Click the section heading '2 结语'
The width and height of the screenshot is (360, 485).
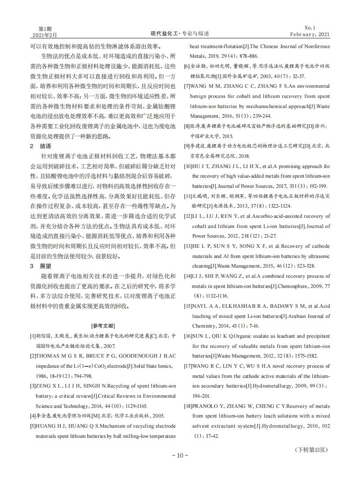(x=41, y=146)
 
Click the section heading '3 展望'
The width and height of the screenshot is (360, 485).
(x=41, y=266)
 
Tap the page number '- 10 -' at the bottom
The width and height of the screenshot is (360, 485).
(x=180, y=455)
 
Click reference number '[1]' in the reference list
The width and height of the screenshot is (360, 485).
(x=33, y=336)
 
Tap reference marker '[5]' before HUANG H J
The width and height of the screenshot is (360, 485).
(x=33, y=426)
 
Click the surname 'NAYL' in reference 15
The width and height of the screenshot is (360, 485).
(x=201, y=306)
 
